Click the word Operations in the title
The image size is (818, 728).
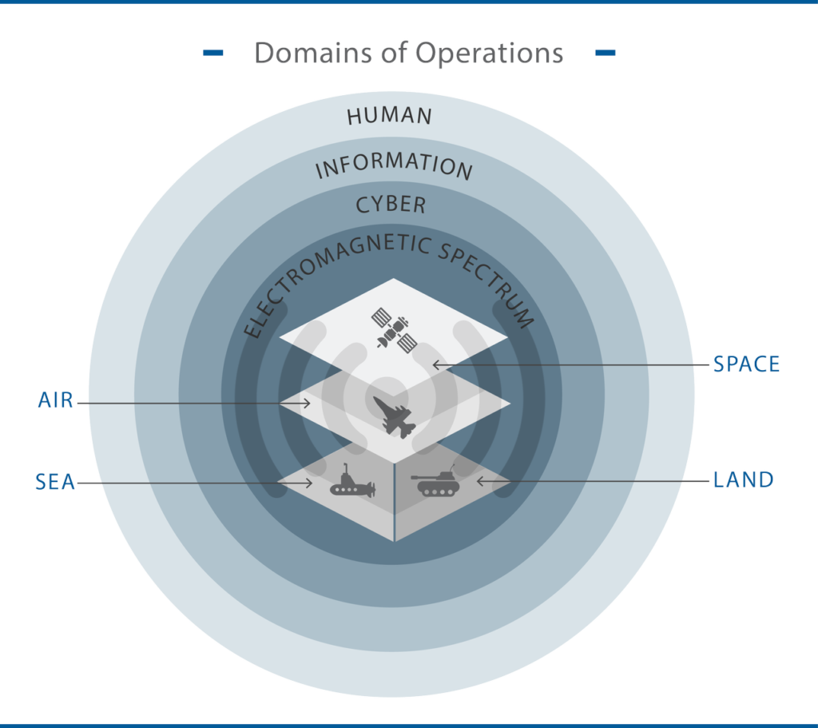pos(489,54)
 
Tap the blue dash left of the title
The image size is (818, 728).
pos(212,52)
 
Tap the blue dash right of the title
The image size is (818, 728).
pos(606,52)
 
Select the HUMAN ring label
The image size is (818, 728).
pos(390,116)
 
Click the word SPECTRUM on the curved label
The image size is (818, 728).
pos(486,282)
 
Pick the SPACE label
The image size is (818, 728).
pos(747,364)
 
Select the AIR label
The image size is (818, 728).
pos(55,400)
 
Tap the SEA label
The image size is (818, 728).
pos(55,482)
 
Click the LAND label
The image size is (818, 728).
pos(744,480)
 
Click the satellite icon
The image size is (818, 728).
pos(394,329)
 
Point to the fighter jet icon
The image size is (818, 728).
pos(395,416)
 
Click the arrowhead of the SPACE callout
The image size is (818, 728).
pos(436,364)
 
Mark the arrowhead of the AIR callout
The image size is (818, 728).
pos(307,403)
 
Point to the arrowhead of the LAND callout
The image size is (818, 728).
pos(480,481)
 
